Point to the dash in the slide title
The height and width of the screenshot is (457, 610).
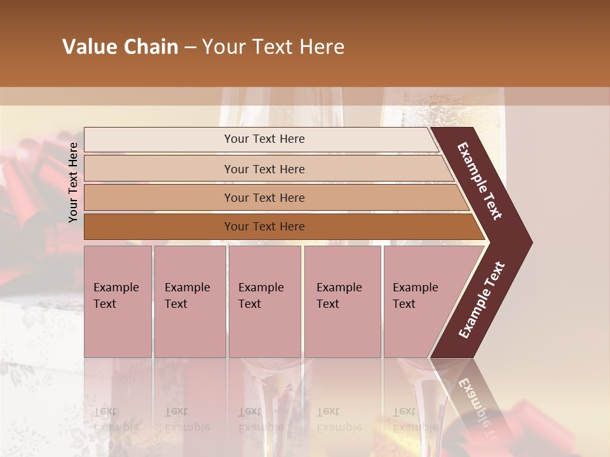[x=190, y=48]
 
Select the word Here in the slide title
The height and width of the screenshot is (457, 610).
[x=322, y=47]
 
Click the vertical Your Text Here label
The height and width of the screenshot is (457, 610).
[x=73, y=182]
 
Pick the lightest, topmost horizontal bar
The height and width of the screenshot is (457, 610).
[x=261, y=140]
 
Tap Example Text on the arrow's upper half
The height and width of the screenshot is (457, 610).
[x=480, y=181]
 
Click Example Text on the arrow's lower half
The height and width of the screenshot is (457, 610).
[x=481, y=300]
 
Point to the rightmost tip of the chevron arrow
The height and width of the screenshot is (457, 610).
[x=531, y=242]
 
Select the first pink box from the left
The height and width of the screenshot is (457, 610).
[x=118, y=301]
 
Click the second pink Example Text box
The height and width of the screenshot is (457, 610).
[x=189, y=301]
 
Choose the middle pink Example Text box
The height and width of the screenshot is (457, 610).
[x=264, y=301]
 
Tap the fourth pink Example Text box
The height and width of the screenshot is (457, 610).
[x=342, y=301]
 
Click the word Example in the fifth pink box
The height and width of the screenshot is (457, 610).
[x=416, y=288]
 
